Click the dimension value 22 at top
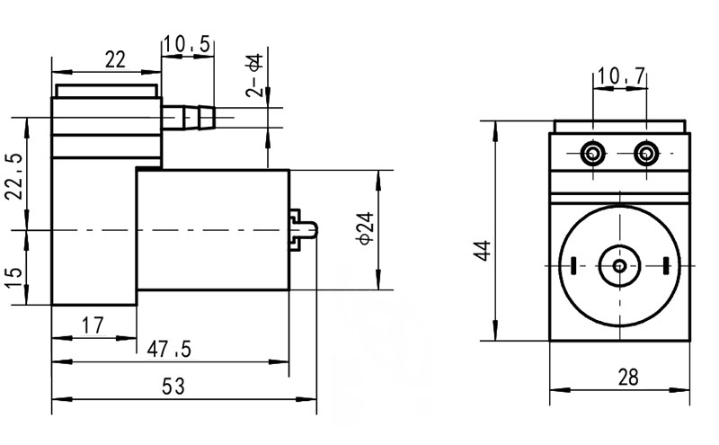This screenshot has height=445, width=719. coord(114,59)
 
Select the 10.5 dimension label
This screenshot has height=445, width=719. coord(188,44)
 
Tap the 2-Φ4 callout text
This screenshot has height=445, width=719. coord(255,76)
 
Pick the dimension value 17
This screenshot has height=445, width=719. coord(90,326)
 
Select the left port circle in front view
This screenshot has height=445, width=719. coord(593,154)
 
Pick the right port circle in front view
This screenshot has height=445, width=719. coord(645,154)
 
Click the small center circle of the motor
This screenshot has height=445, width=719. coord(619,265)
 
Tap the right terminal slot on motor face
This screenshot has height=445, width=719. coord(666,265)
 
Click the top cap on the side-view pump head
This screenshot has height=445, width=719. coord(106,91)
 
